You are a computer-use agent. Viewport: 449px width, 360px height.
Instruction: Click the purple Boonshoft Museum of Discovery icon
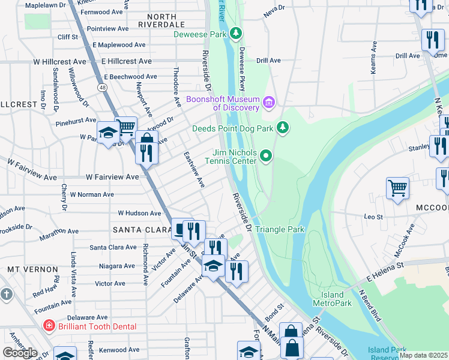268,103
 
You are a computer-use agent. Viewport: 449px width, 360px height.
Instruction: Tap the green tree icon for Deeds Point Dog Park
283,128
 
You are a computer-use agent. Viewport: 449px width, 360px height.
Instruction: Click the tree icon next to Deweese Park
237,34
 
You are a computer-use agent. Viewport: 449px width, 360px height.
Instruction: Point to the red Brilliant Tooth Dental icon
49,326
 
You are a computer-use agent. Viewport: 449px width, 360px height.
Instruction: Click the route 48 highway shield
103,88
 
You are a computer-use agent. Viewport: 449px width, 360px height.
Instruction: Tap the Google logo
20,352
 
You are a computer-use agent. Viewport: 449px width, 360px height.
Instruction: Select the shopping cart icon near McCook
397,188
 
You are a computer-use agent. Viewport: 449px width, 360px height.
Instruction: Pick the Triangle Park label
280,229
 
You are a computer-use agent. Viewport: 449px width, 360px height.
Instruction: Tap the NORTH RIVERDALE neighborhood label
161,20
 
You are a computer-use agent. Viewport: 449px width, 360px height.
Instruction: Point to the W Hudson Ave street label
139,213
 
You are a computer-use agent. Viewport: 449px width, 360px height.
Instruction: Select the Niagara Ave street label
112,265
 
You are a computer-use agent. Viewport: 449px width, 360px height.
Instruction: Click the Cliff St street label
67,37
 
